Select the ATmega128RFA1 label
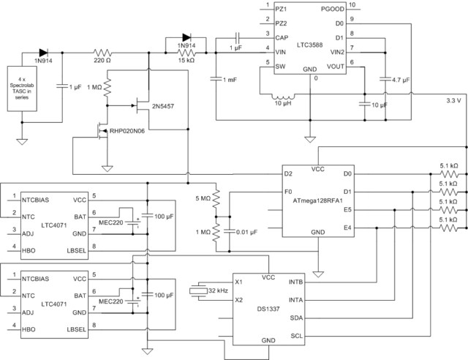pyautogui.click(x=319, y=199)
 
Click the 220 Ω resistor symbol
pyautogui.click(x=102, y=53)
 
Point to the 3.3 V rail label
pyautogui.click(x=453, y=100)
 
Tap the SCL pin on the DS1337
pyautogui.click(x=295, y=335)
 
